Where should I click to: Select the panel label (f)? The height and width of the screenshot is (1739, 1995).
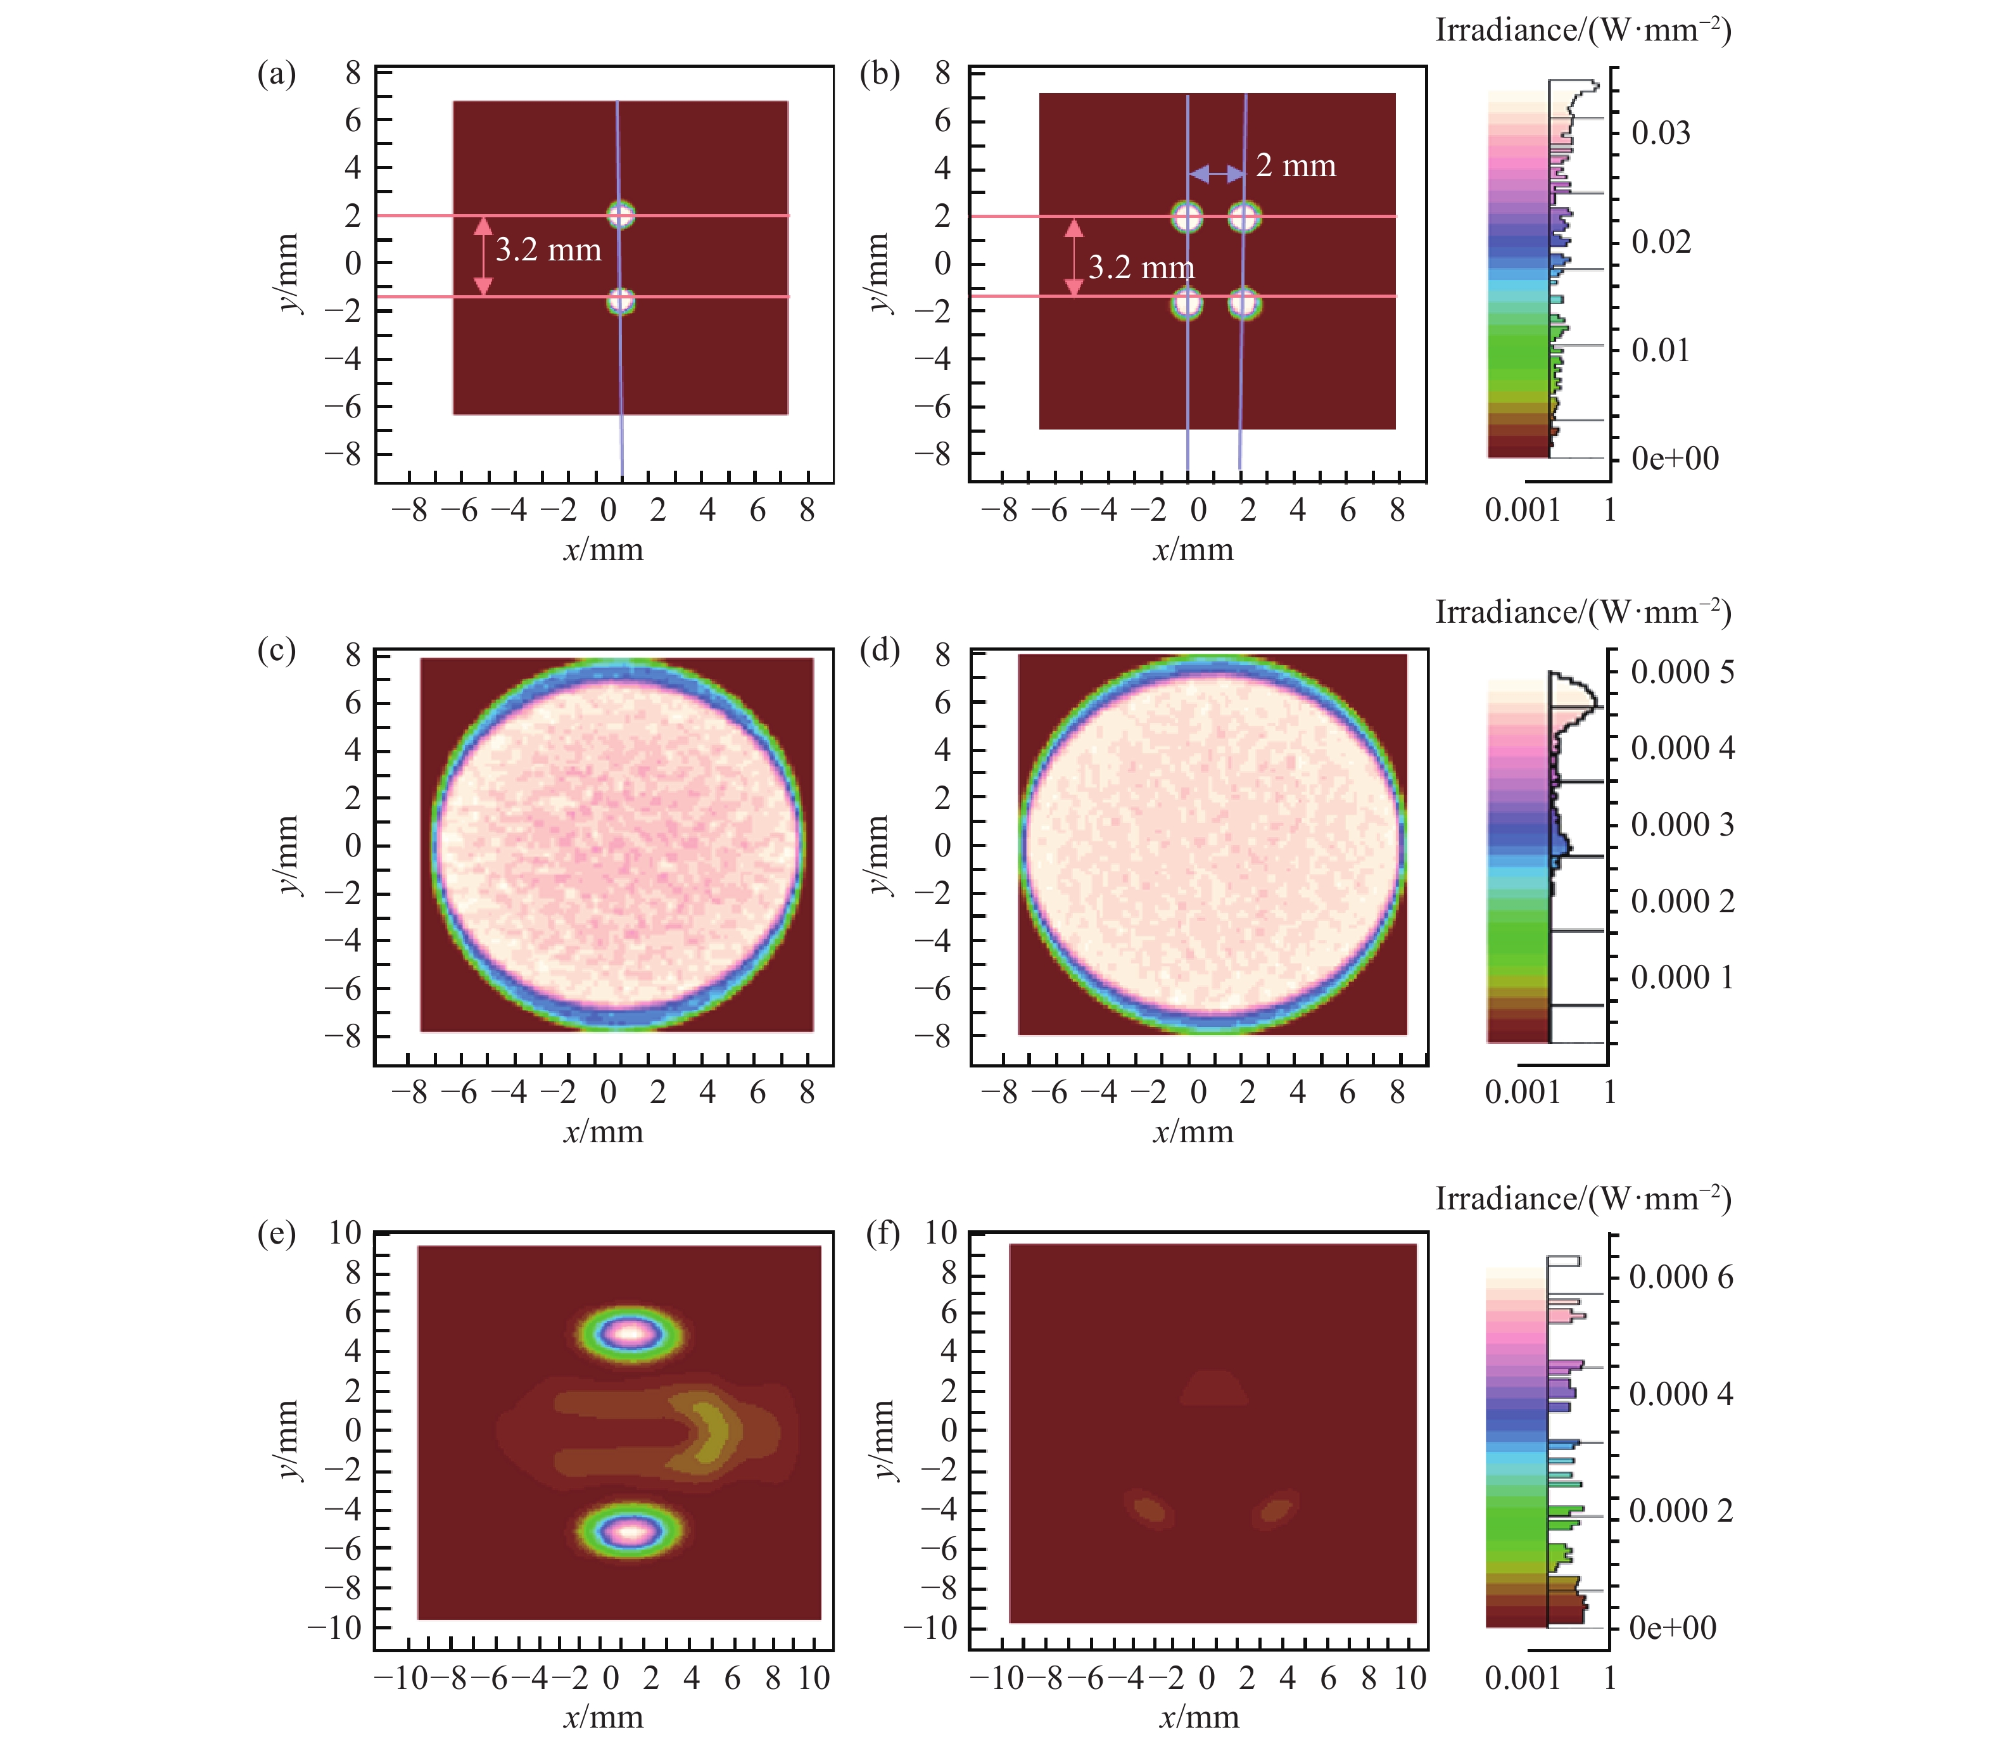[882, 1234]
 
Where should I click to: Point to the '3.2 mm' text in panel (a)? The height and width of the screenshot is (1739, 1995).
[548, 250]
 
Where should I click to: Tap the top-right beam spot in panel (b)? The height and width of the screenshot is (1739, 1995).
[1244, 217]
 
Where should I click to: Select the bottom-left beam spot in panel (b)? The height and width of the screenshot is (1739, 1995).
[1187, 303]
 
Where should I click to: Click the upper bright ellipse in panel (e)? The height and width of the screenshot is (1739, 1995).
[631, 1334]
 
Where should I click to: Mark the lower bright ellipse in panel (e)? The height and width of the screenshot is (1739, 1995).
[631, 1532]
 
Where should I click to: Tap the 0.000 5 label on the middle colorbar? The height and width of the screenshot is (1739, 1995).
[1681, 672]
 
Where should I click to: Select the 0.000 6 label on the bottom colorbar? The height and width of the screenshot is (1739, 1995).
[1681, 1277]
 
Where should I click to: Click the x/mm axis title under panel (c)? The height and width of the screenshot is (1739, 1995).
[602, 1131]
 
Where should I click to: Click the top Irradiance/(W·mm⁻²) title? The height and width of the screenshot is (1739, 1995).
[1583, 30]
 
